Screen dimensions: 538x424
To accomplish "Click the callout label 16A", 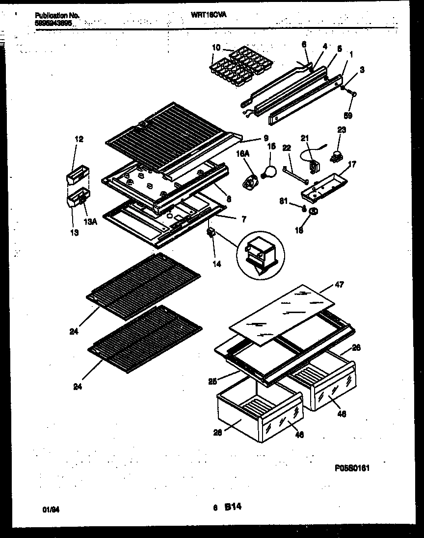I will [241, 153].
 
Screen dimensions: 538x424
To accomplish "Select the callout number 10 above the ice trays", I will [216, 48].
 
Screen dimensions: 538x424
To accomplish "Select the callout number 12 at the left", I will [79, 139].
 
